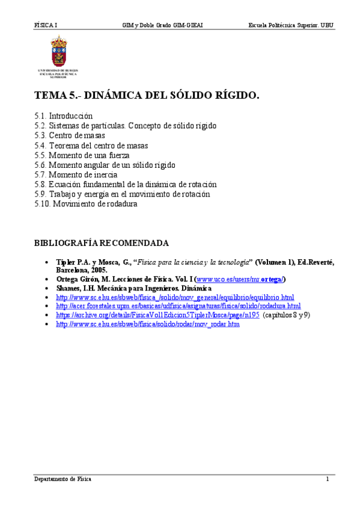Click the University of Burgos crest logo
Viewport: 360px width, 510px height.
pyautogui.click(x=58, y=52)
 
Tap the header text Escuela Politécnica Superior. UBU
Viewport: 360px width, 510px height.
pyautogui.click(x=291, y=26)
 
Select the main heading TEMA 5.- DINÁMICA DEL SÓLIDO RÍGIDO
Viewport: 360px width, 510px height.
pyautogui.click(x=147, y=95)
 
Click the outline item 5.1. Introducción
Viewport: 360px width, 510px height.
pyautogui.click(x=63, y=115)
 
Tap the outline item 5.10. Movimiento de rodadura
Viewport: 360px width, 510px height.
pyautogui.click(x=86, y=204)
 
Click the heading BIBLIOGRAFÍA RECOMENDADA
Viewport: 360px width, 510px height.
pyautogui.click(x=101, y=243)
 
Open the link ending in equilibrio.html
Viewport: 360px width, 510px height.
pyautogui.click(x=175, y=297)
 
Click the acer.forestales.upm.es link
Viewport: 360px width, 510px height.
pyautogui.click(x=178, y=306)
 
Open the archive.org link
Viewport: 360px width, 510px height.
pyautogui.click(x=157, y=315)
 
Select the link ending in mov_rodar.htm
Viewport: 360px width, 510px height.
pyautogui.click(x=147, y=324)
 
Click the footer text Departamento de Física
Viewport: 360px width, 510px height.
pyautogui.click(x=63, y=479)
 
